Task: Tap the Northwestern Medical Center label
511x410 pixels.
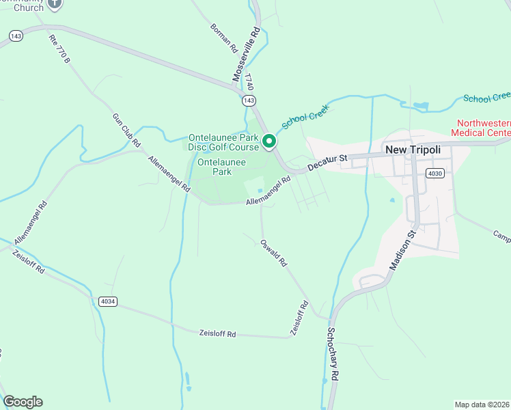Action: pos(481,128)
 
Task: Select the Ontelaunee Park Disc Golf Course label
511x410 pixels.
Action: pos(223,142)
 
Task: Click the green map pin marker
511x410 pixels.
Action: pos(269,141)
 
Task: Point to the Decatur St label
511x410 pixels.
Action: pos(327,162)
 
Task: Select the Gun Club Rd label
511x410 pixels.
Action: pos(126,130)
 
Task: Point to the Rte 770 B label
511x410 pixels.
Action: pos(59,49)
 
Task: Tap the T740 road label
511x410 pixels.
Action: pos(250,83)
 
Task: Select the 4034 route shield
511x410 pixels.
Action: pos(107,301)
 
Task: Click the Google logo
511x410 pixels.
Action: pos(23,402)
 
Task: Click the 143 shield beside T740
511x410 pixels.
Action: pos(249,100)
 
